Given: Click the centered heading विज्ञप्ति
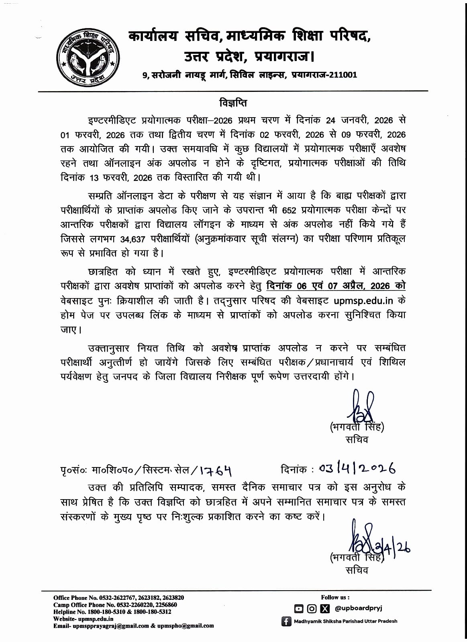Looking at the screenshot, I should point(233,103).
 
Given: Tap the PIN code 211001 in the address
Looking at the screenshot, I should point(343,75).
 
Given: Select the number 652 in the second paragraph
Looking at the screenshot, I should point(290,210).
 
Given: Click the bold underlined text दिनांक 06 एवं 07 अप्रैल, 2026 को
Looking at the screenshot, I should point(336,286).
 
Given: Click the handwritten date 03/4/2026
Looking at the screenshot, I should point(357,468).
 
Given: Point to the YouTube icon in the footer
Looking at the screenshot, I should point(298,609).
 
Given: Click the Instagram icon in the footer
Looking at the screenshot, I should point(312,609).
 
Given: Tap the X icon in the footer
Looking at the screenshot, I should point(324,609).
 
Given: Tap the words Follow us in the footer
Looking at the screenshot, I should point(335,597).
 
